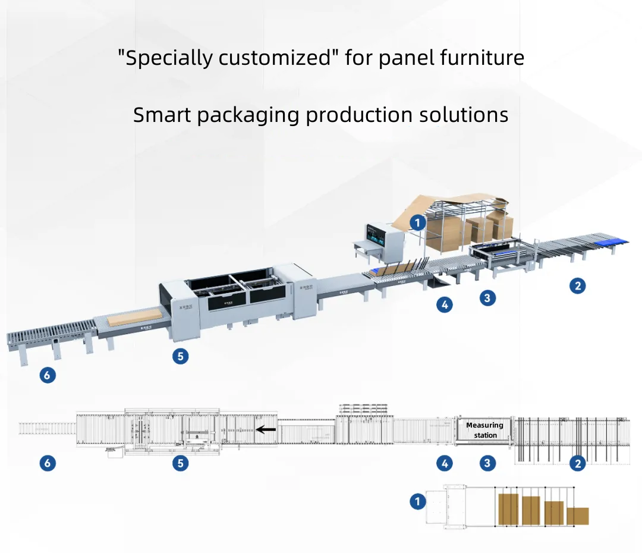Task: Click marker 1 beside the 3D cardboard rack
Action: [418, 224]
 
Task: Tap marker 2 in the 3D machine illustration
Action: [577, 286]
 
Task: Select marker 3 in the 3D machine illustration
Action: [487, 298]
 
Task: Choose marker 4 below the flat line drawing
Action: [445, 464]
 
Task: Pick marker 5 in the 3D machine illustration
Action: [180, 356]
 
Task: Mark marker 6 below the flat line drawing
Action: [48, 464]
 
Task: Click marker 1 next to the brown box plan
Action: [418, 502]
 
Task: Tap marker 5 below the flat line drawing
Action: [181, 464]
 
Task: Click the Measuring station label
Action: [485, 430]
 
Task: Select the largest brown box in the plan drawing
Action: [508, 508]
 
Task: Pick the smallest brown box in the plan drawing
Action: [577, 516]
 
